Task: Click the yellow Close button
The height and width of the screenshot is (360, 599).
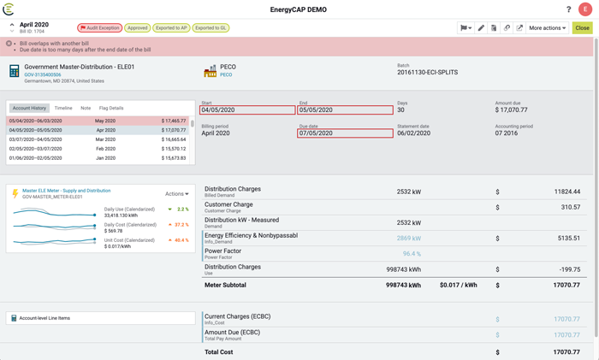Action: pyautogui.click(x=582, y=27)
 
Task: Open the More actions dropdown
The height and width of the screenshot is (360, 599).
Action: pyautogui.click(x=547, y=27)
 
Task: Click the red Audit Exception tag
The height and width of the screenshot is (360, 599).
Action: pyautogui.click(x=100, y=27)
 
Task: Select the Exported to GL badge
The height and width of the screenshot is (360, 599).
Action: pyautogui.click(x=211, y=27)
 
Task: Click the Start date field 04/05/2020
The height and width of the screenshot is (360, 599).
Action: pyautogui.click(x=247, y=110)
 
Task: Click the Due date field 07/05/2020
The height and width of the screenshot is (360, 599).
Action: pyautogui.click(x=345, y=133)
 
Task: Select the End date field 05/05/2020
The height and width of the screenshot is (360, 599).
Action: pyautogui.click(x=345, y=110)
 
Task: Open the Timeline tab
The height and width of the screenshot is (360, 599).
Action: pyautogui.click(x=63, y=109)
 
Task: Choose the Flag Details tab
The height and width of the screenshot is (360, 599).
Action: pyautogui.click(x=111, y=109)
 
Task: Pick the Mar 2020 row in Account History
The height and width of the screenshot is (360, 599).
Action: pyautogui.click(x=104, y=139)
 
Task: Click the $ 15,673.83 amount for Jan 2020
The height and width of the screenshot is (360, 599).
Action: pyautogui.click(x=173, y=158)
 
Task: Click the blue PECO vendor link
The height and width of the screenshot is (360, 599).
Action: pyautogui.click(x=227, y=75)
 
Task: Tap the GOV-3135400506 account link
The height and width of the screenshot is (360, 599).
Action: pyautogui.click(x=43, y=75)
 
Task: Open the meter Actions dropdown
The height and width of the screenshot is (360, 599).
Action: pyautogui.click(x=176, y=194)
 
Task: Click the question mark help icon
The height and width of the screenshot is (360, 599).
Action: pyautogui.click(x=568, y=9)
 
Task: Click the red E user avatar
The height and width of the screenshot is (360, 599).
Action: pyautogui.click(x=585, y=9)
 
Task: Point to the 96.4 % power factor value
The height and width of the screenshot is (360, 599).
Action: pyautogui.click(x=411, y=254)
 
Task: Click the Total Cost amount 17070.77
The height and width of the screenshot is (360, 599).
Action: pyautogui.click(x=566, y=351)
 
